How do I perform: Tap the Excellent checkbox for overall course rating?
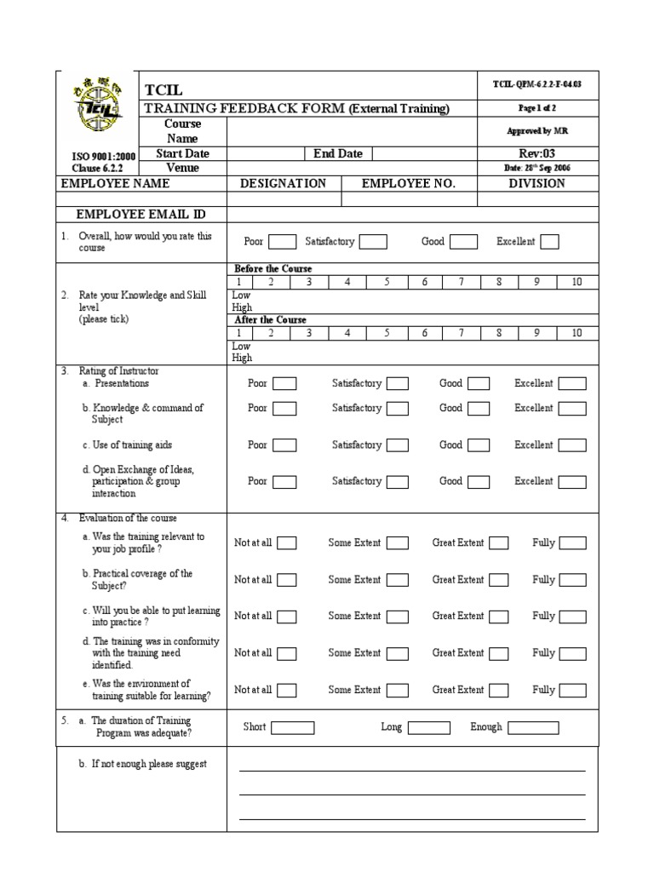[x=549, y=242]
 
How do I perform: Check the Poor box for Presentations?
[x=284, y=384]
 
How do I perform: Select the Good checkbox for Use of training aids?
[x=478, y=445]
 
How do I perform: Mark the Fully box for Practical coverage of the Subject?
[x=572, y=580]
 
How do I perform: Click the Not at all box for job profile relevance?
[x=287, y=543]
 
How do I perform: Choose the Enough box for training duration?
[x=533, y=728]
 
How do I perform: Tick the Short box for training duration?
[x=293, y=728]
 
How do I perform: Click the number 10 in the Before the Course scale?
[x=577, y=282]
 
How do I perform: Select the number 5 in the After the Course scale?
[x=386, y=333]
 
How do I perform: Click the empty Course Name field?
[x=352, y=131]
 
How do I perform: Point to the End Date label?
[x=338, y=154]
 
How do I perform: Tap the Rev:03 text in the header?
[x=536, y=154]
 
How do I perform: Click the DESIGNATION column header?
[x=283, y=184]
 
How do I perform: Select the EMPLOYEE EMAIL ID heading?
[x=141, y=214]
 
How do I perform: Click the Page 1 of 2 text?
[x=536, y=109]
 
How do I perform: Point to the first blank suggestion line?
[x=412, y=770]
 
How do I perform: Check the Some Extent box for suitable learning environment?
[x=398, y=691]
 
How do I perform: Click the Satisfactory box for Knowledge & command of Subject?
[x=398, y=409]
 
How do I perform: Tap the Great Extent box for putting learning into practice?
[x=499, y=617]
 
